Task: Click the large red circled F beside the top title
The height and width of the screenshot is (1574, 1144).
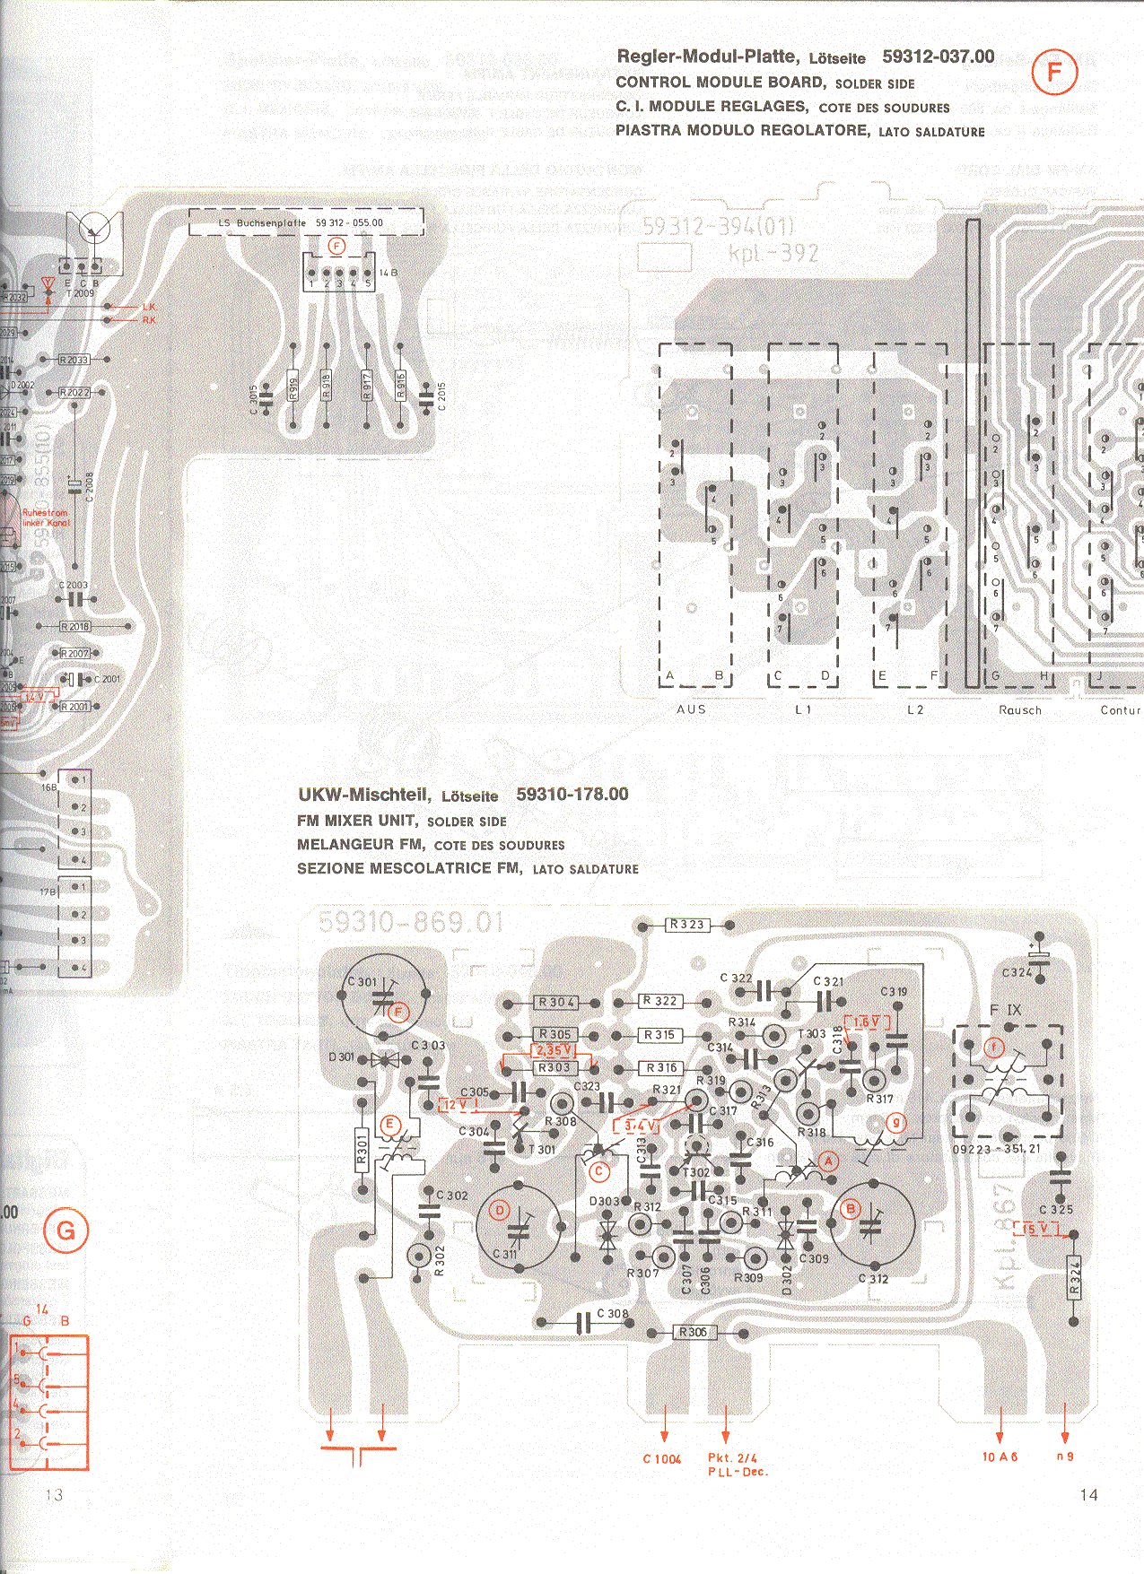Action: pyautogui.click(x=1053, y=73)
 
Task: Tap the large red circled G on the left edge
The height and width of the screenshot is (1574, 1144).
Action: pyautogui.click(x=66, y=1231)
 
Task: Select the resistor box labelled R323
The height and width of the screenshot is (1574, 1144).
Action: pyautogui.click(x=687, y=925)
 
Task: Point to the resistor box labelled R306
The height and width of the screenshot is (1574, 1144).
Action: pyautogui.click(x=694, y=1332)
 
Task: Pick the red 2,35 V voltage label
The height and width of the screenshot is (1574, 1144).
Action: pyautogui.click(x=554, y=1050)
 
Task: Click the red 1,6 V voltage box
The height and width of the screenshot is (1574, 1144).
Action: pyautogui.click(x=867, y=1022)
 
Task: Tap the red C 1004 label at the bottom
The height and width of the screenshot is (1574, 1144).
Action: pyautogui.click(x=661, y=1459)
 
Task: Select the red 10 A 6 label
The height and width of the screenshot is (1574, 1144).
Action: pyautogui.click(x=1000, y=1457)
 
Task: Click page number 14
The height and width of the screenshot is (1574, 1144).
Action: pyautogui.click(x=1088, y=1494)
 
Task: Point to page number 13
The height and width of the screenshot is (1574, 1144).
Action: pyautogui.click(x=54, y=1494)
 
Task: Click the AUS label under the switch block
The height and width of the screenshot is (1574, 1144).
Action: pyautogui.click(x=691, y=709)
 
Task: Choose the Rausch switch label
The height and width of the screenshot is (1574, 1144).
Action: pyautogui.click(x=1020, y=710)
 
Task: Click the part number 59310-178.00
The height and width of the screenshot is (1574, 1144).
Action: pyautogui.click(x=572, y=795)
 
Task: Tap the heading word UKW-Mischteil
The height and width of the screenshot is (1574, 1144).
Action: pyautogui.click(x=363, y=795)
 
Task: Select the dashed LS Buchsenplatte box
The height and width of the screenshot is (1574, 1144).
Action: pyautogui.click(x=306, y=222)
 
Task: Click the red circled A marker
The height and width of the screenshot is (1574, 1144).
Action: pyautogui.click(x=827, y=1161)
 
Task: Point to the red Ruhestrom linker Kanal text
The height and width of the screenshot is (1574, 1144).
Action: pyautogui.click(x=45, y=517)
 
